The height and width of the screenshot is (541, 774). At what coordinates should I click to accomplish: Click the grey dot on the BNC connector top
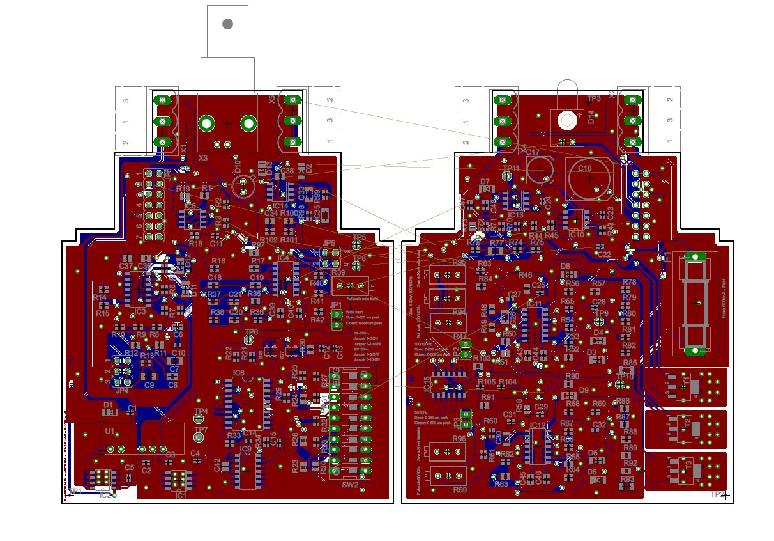pos(227,24)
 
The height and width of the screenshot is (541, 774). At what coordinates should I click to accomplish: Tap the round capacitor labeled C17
pos(540,168)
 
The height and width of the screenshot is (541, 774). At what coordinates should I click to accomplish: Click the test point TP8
pos(360,267)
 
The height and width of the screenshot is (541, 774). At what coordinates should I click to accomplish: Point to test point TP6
pos(250,340)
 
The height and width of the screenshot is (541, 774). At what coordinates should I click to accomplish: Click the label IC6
pos(239,373)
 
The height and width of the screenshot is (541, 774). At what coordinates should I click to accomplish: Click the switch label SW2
pos(350,485)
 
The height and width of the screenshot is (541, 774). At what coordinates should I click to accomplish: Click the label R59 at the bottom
pos(459,490)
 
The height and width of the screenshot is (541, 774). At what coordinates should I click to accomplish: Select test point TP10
pos(619,384)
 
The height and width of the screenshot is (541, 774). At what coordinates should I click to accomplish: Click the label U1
pos(110,432)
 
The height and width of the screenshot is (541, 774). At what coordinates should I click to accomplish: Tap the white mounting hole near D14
pos(566,119)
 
